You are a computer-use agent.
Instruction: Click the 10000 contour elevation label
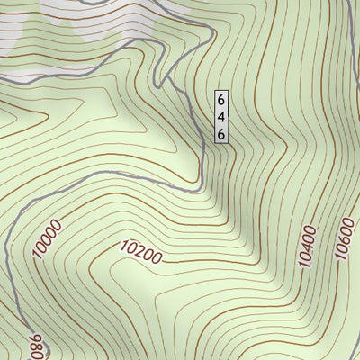[x=49, y=238]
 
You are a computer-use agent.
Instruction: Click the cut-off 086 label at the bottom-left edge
[x=35, y=346]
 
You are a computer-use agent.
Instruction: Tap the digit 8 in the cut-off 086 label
[x=35, y=346]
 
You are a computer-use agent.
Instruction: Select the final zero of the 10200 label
[x=157, y=258]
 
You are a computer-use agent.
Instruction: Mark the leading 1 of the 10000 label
[x=39, y=255]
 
